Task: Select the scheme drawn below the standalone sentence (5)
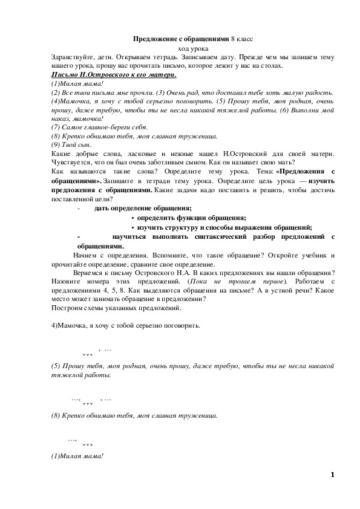91,400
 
